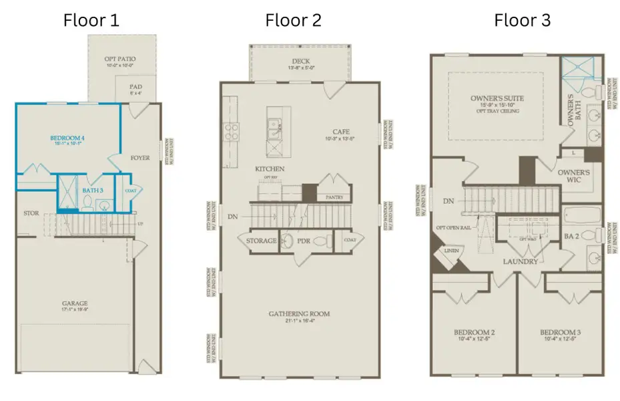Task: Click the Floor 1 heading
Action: (x=91, y=20)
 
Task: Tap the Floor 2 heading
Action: (x=293, y=20)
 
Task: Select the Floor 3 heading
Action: (x=522, y=20)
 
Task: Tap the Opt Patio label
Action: (x=119, y=59)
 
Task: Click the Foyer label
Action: (x=140, y=158)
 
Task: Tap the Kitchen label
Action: (x=270, y=169)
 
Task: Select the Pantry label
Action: (x=334, y=198)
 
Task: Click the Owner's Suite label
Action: (x=497, y=98)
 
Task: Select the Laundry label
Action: (x=521, y=261)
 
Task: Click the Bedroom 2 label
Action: (x=474, y=332)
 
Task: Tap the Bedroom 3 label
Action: (x=560, y=332)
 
